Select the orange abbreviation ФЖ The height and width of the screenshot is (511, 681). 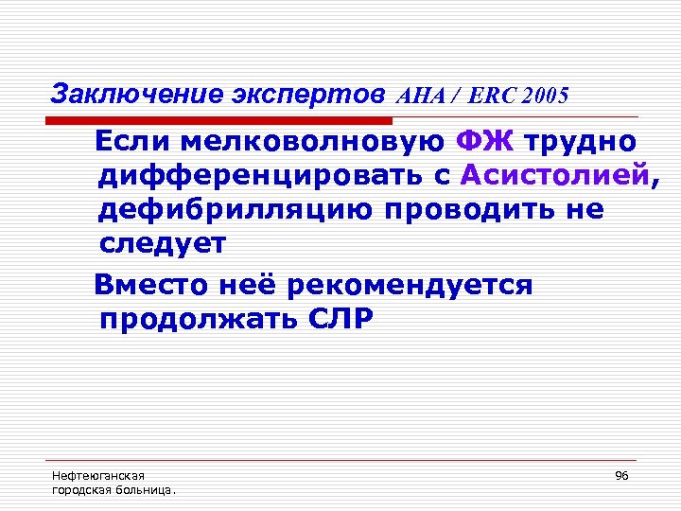(484, 142)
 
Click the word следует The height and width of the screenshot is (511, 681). (163, 243)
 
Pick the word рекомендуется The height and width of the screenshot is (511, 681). (410, 285)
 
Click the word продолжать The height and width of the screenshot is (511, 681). (196, 319)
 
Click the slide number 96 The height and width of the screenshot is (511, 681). (621, 475)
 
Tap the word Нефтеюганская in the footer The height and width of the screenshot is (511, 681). (91, 475)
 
